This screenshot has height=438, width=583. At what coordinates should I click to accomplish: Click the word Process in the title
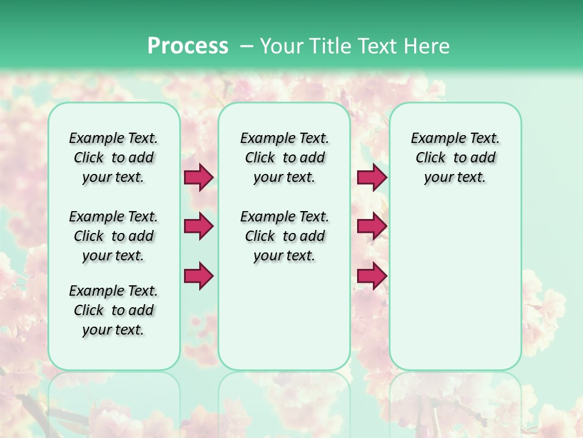[x=188, y=46]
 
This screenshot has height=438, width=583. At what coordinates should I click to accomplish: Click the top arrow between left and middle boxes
[x=199, y=178]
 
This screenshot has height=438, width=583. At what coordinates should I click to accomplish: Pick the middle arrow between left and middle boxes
[x=199, y=226]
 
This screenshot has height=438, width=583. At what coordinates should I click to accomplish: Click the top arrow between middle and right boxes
[x=372, y=178]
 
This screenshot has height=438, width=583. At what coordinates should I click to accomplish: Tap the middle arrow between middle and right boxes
[x=372, y=226]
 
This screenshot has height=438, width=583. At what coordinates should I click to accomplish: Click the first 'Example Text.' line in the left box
[x=114, y=138]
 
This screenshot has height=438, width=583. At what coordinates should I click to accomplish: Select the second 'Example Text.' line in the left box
[x=114, y=217]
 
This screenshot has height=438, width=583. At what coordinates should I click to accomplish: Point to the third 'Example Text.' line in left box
[x=114, y=291]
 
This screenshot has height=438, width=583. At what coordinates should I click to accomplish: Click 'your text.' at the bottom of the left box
[x=114, y=330]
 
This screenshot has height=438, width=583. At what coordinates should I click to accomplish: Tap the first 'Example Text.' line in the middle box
[x=284, y=138]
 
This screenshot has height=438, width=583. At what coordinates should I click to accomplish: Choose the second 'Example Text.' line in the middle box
[x=284, y=217]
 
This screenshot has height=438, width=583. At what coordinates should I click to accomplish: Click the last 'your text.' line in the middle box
[x=284, y=255]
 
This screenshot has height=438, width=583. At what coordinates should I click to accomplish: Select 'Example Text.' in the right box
[x=455, y=138]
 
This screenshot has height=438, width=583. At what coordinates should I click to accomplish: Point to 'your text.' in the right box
[x=455, y=177]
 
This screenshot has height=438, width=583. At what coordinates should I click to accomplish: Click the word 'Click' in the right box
[x=431, y=158]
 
